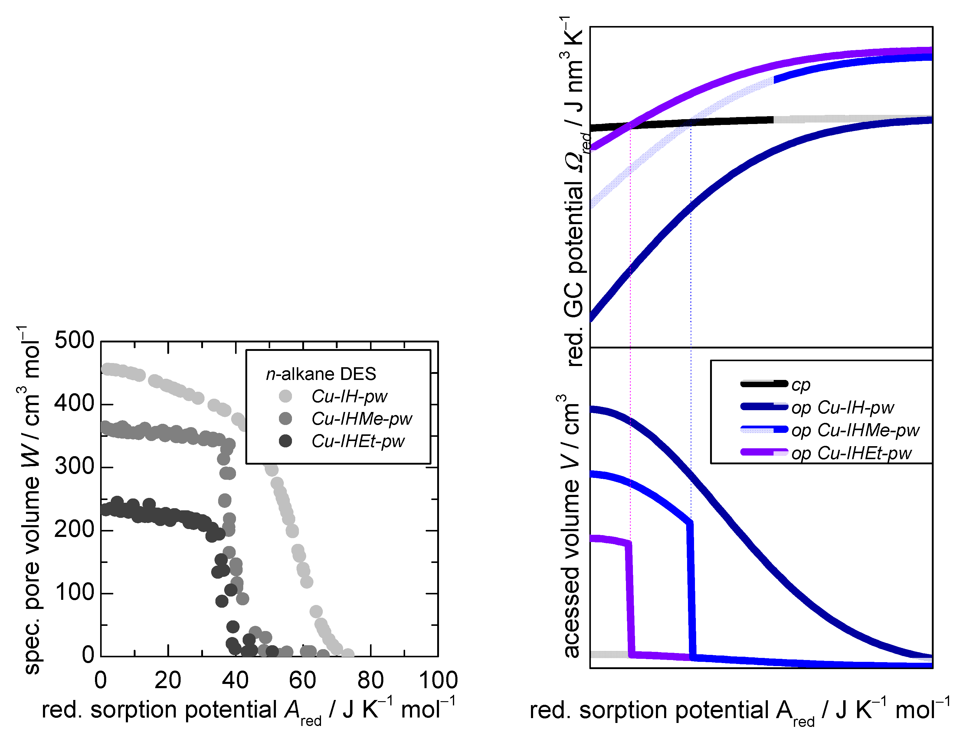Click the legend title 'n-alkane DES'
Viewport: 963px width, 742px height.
tap(321, 374)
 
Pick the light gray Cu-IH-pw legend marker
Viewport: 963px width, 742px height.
tap(285, 396)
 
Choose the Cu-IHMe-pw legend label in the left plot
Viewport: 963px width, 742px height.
tap(362, 418)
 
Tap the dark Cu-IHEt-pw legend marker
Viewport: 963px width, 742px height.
tap(285, 441)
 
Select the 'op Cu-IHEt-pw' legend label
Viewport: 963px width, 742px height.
tap(851, 453)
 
